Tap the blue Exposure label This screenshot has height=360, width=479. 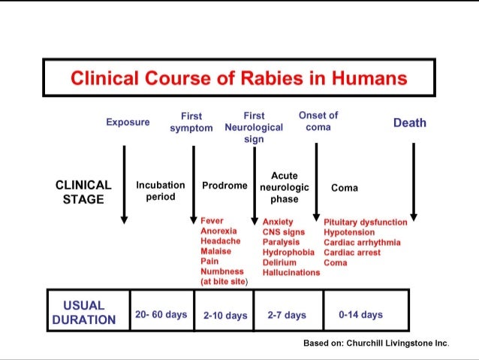point(128,122)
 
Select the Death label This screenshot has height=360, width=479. point(409,123)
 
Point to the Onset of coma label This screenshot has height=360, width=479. point(318,121)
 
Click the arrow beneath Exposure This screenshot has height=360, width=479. point(124,184)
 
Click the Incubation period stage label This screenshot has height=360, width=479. point(160,190)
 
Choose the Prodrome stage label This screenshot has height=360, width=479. point(224,185)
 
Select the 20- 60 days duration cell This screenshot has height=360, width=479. point(161,314)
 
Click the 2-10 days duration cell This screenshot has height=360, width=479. point(224,316)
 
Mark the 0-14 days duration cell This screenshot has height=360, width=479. point(360,315)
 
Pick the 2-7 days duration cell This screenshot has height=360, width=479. point(287,316)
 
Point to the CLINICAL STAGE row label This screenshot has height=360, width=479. point(83,192)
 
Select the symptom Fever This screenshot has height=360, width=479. point(212,221)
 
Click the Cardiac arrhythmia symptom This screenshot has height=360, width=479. point(361,243)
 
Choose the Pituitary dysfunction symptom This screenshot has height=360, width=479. point(365,222)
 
